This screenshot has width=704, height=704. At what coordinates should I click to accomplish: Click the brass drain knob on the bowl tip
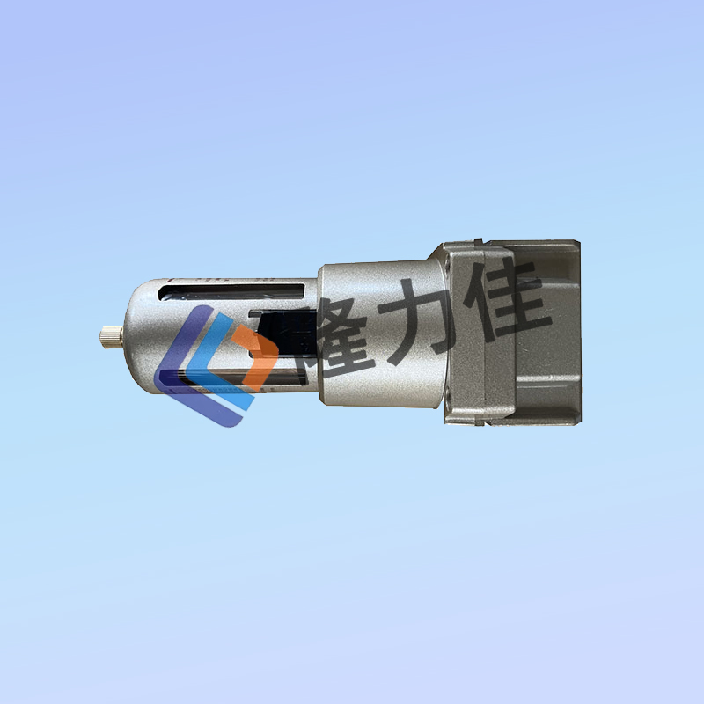tap(112, 337)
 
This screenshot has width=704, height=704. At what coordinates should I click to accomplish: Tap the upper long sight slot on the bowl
tap(231, 292)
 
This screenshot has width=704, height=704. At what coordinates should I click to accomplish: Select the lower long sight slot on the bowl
tap(243, 378)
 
